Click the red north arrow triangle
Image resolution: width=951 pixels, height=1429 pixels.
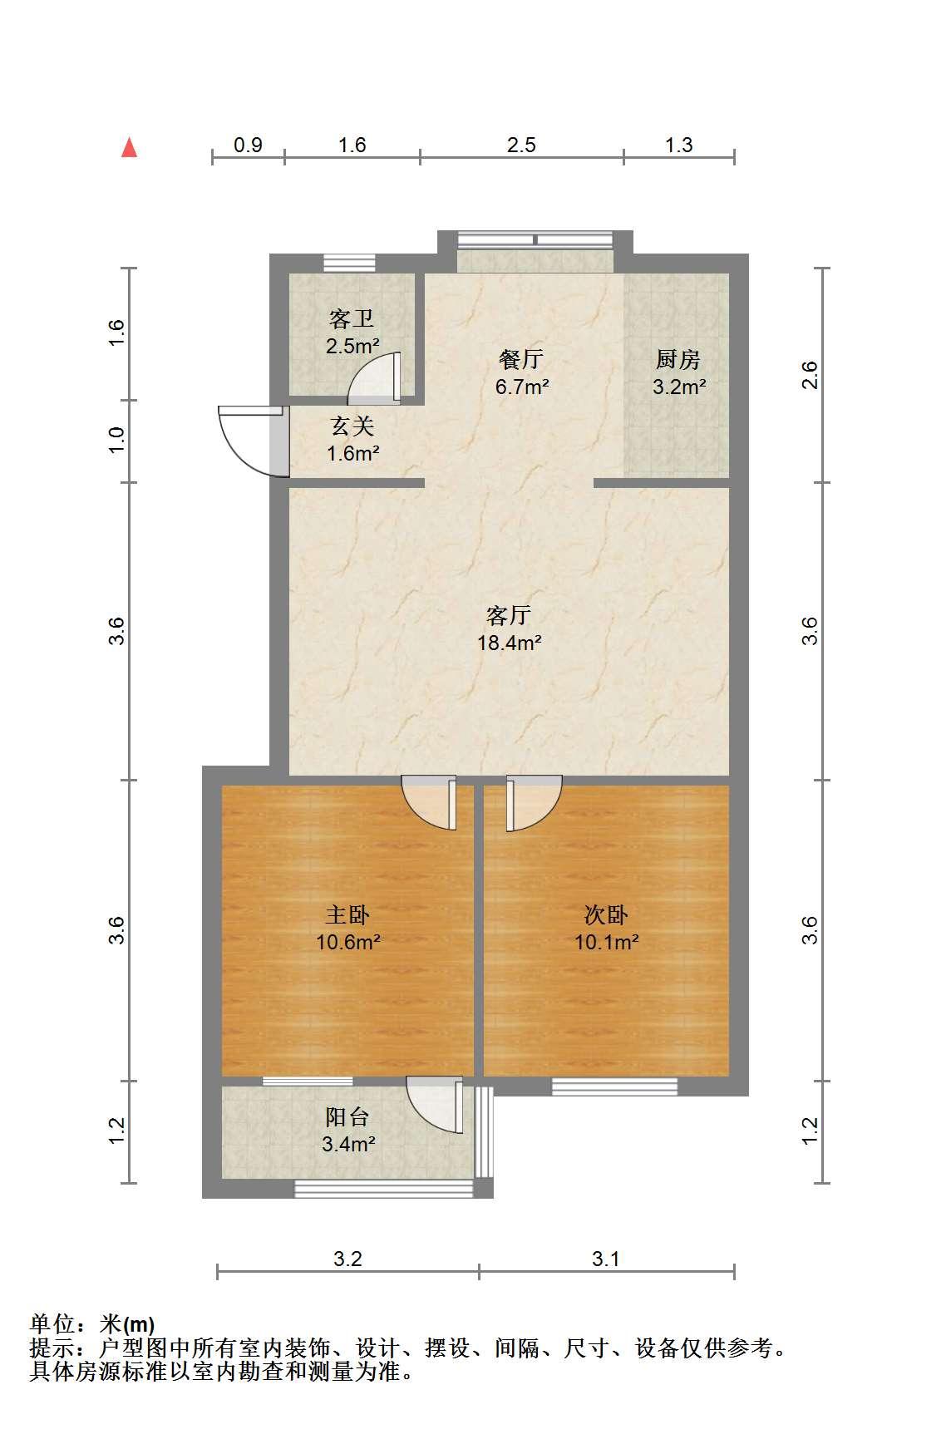pyautogui.click(x=129, y=148)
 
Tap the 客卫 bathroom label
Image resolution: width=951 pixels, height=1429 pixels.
pyautogui.click(x=352, y=319)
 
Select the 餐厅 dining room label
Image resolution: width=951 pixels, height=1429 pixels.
pyautogui.click(x=521, y=360)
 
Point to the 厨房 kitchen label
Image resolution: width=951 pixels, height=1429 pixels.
pyautogui.click(x=678, y=360)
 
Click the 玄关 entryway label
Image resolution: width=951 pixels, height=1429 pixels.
pyautogui.click(x=352, y=426)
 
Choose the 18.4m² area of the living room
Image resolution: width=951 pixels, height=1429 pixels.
pyautogui.click(x=510, y=643)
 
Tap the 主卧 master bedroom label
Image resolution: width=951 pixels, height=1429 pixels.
pyautogui.click(x=347, y=915)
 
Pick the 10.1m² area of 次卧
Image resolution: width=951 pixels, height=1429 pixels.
pyautogui.click(x=607, y=943)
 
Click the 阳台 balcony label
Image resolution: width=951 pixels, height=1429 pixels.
pyautogui.click(x=347, y=1117)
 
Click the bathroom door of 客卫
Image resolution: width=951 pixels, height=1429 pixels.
pyautogui.click(x=374, y=378)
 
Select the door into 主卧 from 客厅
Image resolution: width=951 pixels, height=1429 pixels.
pyautogui.click(x=429, y=802)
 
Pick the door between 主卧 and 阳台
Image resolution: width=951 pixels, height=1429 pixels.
pyautogui.click(x=434, y=1105)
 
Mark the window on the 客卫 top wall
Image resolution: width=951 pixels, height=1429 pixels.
pyautogui.click(x=349, y=263)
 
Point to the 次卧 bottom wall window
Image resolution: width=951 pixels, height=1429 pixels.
pyautogui.click(x=614, y=1086)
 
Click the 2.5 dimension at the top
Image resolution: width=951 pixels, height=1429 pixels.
pyautogui.click(x=521, y=145)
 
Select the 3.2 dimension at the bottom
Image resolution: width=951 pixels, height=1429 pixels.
pyautogui.click(x=347, y=1259)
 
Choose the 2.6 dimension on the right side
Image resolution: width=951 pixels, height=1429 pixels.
pyautogui.click(x=811, y=375)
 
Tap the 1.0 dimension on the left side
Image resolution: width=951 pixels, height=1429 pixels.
pyautogui.click(x=117, y=440)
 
